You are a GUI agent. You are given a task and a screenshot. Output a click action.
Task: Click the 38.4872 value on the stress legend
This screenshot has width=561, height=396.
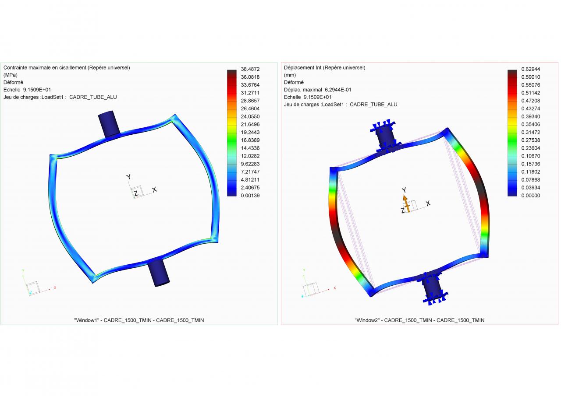click(250, 69)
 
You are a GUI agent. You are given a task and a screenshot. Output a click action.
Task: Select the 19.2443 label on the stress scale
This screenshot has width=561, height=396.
click(250, 132)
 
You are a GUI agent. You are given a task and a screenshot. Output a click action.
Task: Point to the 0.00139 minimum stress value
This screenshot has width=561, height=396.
click(250, 196)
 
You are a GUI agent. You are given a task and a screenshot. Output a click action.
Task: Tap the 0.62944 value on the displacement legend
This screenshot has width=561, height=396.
click(531, 69)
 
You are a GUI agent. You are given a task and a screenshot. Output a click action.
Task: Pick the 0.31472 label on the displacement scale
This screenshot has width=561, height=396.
click(531, 132)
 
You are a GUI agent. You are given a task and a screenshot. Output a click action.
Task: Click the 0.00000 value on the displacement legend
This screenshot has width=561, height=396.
click(531, 196)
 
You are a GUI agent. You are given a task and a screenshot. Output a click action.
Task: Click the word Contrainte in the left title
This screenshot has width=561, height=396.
click(15, 67)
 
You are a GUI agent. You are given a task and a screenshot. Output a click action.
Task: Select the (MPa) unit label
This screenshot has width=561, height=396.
click(11, 75)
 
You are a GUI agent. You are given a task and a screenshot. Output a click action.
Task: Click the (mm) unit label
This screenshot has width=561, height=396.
click(290, 75)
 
